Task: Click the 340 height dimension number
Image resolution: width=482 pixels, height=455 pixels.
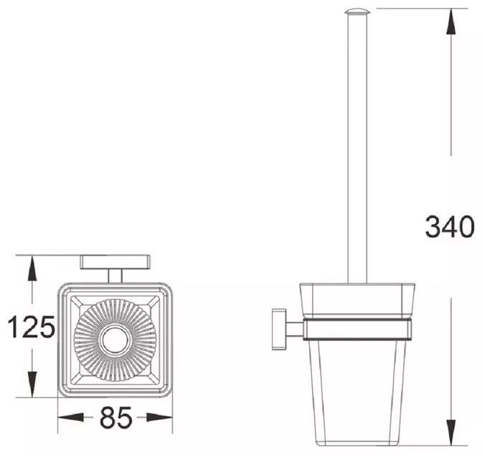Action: (x=450, y=227)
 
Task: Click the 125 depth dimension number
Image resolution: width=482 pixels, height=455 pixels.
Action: (x=32, y=326)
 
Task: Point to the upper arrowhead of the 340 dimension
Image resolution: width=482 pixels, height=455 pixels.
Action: (x=450, y=21)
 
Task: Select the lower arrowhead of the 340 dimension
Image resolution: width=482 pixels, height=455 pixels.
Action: (x=450, y=433)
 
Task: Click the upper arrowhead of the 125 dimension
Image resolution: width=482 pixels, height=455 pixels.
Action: (x=32, y=269)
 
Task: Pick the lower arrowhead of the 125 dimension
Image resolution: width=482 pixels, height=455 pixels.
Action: (x=32, y=384)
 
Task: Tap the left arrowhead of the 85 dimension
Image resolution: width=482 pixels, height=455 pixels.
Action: (x=71, y=417)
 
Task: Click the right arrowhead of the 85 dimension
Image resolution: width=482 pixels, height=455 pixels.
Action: (x=159, y=417)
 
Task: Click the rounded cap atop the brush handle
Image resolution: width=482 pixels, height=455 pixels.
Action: (x=357, y=11)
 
